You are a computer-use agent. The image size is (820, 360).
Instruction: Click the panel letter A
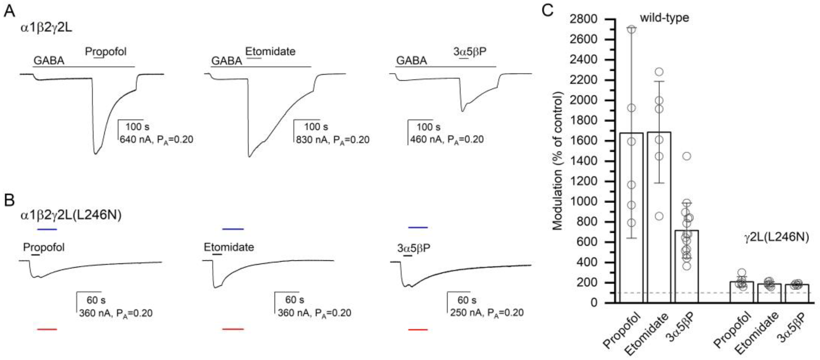10,12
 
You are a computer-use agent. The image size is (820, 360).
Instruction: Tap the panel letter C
548,11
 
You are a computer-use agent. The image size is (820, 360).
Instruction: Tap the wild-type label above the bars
665,17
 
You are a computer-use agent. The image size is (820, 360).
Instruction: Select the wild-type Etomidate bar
659,223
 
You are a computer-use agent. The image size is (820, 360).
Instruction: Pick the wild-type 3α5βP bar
687,267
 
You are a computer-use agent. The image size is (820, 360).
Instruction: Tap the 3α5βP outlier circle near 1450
687,156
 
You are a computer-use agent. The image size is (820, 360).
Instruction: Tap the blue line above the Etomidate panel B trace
233,229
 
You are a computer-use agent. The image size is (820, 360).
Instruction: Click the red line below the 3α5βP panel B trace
418,330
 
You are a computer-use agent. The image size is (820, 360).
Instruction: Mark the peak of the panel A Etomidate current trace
249,157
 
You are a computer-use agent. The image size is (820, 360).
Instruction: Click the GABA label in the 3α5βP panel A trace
411,60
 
